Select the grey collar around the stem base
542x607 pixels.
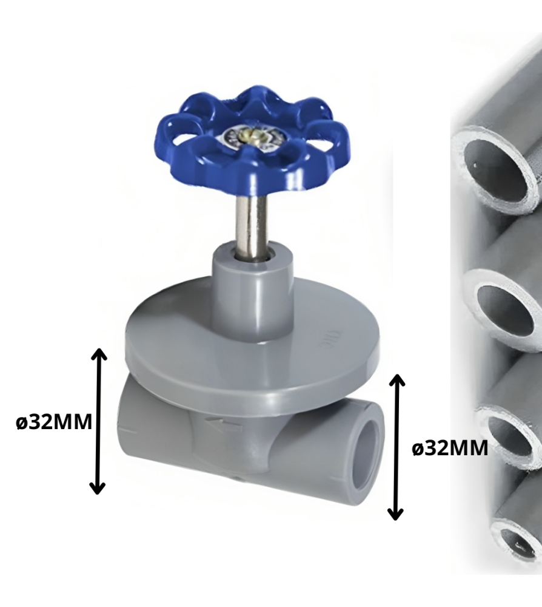pyautogui.click(x=252, y=285)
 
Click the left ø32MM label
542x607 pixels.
pyautogui.click(x=55, y=422)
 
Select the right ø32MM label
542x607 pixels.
pyautogui.click(x=450, y=449)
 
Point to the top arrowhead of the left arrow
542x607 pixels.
pyautogui.click(x=98, y=353)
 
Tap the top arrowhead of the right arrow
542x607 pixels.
pyautogui.click(x=396, y=380)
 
